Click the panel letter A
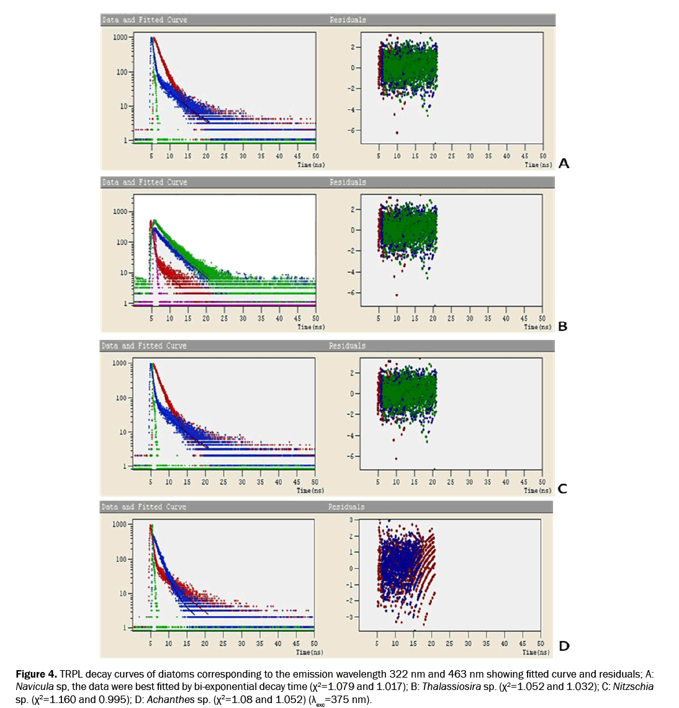[x=564, y=163]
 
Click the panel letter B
[x=562, y=326]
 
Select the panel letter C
[x=562, y=488]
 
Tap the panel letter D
[x=564, y=646]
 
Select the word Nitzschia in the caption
[x=632, y=686]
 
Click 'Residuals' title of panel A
[x=348, y=20]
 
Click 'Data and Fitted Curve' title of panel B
[x=144, y=182]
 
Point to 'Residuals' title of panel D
[x=346, y=507]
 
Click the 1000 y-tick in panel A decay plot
[x=120, y=38]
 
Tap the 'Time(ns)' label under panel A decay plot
[x=311, y=165]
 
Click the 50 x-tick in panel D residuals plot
[x=540, y=643]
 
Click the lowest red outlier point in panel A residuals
[x=397, y=132]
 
